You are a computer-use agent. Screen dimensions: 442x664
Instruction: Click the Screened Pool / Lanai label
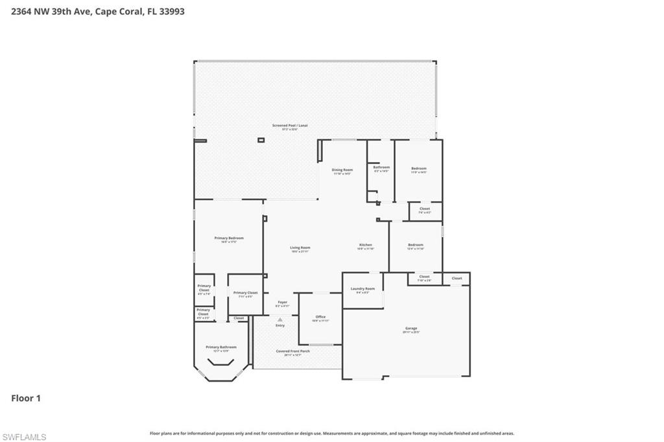click(x=285, y=127)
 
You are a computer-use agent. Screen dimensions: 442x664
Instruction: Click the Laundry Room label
click(x=362, y=290)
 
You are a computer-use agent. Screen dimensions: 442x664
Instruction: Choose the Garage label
click(x=411, y=329)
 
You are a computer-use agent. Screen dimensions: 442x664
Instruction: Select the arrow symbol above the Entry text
click(x=280, y=320)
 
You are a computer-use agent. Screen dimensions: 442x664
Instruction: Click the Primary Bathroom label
click(x=221, y=348)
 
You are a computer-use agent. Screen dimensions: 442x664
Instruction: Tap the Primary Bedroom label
click(x=229, y=239)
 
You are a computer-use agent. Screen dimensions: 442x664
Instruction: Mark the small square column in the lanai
click(x=261, y=140)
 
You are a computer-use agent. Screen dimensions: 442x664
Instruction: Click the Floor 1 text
click(x=26, y=399)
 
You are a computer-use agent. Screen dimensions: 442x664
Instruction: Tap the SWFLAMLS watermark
click(x=24, y=437)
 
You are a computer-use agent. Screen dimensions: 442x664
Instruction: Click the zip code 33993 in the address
click(x=171, y=11)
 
